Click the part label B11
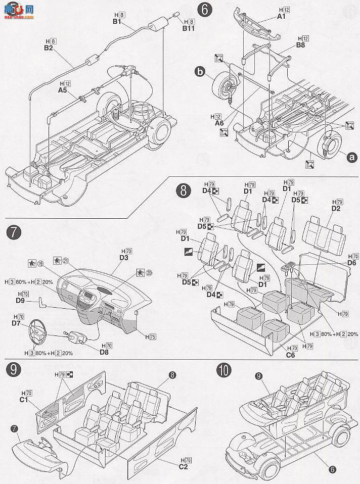click(188, 29)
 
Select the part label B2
click(49, 48)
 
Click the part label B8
click(300, 45)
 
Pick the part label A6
click(219, 123)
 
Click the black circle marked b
click(201, 74)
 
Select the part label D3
click(124, 258)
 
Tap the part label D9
click(20, 301)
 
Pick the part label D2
click(335, 208)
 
